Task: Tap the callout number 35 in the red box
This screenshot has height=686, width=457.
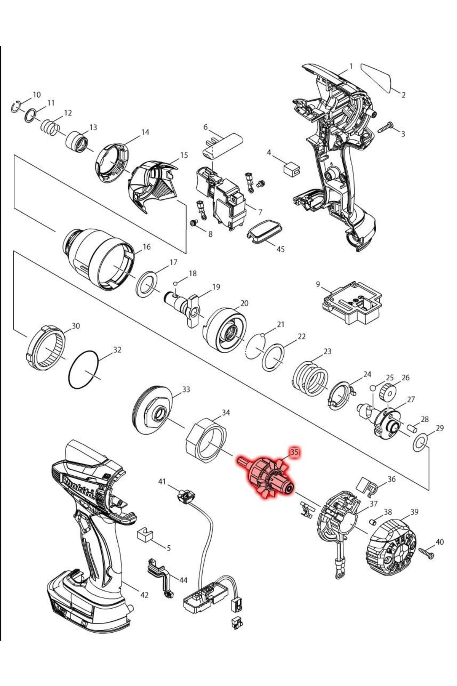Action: click(x=294, y=452)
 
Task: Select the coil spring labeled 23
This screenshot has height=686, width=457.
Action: click(x=310, y=378)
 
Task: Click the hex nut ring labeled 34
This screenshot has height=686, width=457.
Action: click(x=206, y=440)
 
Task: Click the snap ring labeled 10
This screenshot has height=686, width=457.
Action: click(x=15, y=107)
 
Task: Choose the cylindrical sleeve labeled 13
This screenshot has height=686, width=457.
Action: click(x=77, y=142)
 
